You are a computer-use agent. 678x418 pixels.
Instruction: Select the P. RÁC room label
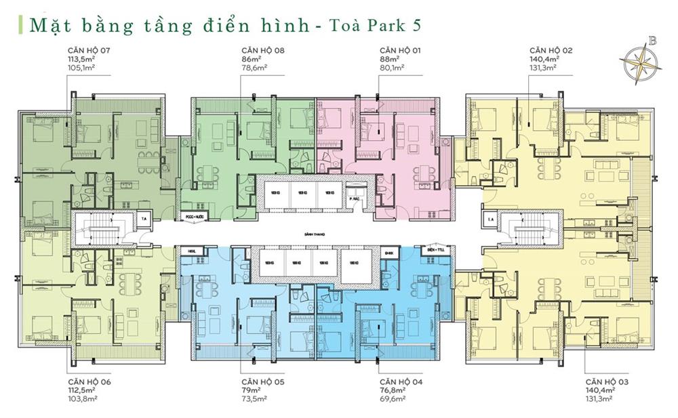tap(353, 200)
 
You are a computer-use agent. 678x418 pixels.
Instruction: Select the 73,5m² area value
tap(254, 399)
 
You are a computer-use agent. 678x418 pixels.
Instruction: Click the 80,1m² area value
tap(392, 68)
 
